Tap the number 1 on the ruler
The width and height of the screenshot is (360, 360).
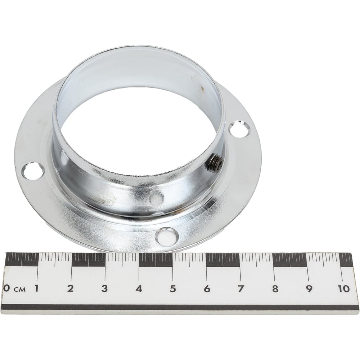(36, 288)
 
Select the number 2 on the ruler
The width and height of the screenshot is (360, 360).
(70, 288)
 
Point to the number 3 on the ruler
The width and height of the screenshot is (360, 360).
(104, 288)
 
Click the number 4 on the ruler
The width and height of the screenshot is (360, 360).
(139, 288)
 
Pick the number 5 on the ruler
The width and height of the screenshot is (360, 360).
(172, 289)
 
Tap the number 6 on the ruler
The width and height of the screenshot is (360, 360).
(207, 289)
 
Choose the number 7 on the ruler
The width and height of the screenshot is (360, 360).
(240, 289)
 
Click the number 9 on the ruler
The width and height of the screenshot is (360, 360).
(309, 289)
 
